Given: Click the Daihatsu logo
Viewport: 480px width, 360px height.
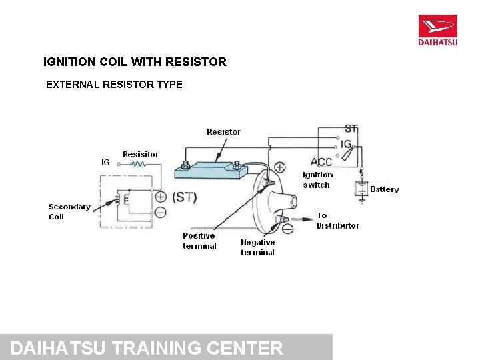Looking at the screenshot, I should (x=437, y=31).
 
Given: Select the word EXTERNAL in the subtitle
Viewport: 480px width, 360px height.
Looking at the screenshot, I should (x=72, y=85).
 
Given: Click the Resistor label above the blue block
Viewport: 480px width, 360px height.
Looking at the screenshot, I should (x=223, y=132).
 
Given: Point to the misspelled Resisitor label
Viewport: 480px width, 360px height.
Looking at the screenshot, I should (x=141, y=155).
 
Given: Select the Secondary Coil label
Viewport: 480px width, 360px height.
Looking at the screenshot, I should (x=69, y=211).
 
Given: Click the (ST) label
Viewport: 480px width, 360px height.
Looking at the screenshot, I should (x=185, y=197).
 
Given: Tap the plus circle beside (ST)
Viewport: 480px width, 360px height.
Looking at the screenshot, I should (x=161, y=197).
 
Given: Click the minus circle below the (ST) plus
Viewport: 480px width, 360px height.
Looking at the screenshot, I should (x=161, y=213).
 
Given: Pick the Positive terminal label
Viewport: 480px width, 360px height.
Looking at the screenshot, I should (x=199, y=241).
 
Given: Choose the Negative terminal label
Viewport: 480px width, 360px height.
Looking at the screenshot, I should (x=257, y=247).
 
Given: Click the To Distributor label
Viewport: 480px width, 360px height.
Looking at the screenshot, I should (x=337, y=221).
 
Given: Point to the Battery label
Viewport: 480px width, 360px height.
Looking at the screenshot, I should (x=384, y=189).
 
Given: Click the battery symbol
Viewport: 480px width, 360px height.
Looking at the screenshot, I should (x=361, y=189).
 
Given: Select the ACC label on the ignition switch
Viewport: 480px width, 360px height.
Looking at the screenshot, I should (x=321, y=162).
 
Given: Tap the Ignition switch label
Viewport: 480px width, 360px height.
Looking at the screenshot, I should (x=317, y=180).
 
